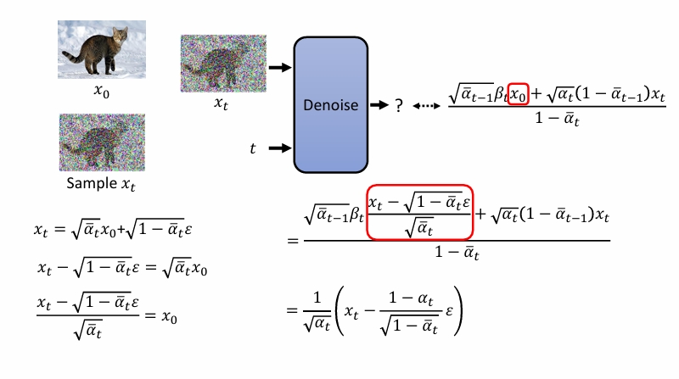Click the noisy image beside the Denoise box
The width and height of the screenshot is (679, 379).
coord(223,64)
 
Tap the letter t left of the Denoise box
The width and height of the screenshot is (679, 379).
coord(252,148)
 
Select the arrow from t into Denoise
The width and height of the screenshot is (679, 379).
coord(278,148)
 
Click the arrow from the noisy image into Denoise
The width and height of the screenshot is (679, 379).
coord(278,66)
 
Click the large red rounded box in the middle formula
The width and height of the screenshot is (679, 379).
coord(419,212)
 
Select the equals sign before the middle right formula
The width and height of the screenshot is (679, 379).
coord(293,241)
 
